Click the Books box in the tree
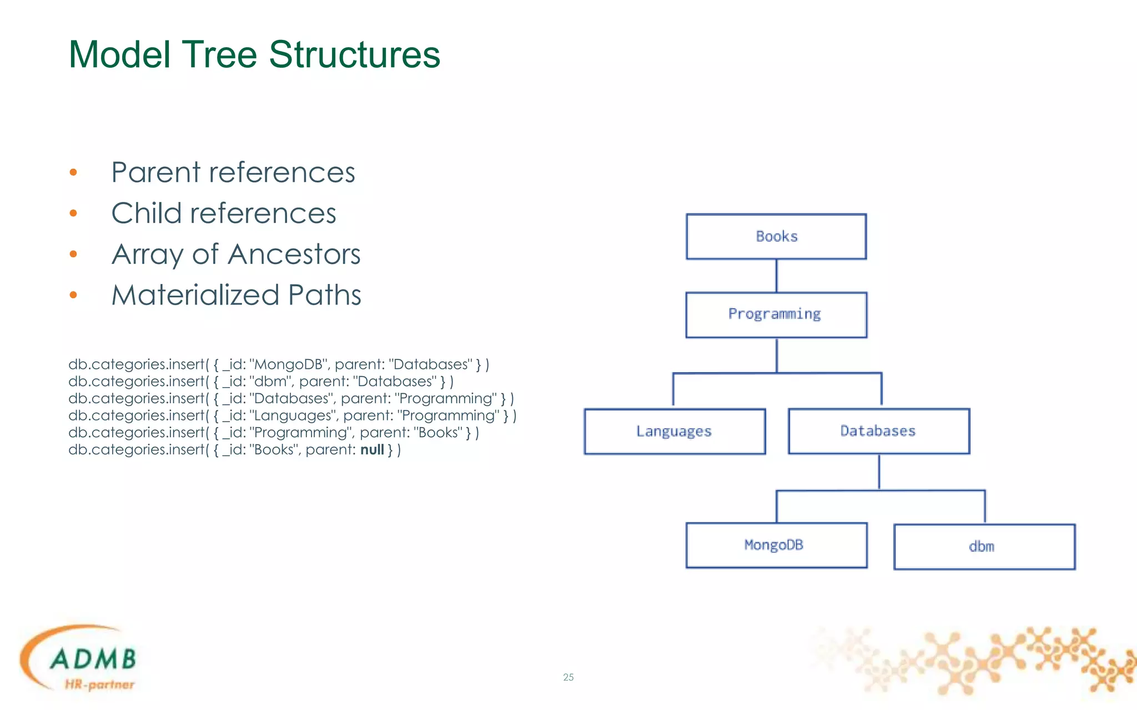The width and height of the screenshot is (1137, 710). (x=776, y=237)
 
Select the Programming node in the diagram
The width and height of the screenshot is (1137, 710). (x=776, y=315)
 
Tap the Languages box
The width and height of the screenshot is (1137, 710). (x=675, y=432)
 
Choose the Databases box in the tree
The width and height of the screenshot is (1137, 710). (x=879, y=432)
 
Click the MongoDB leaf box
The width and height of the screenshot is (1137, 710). (x=776, y=545)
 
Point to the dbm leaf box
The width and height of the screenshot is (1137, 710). (x=984, y=547)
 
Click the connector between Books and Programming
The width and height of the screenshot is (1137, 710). (x=776, y=276)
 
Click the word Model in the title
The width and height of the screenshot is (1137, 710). (x=119, y=55)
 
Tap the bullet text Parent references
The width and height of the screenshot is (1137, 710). (x=233, y=173)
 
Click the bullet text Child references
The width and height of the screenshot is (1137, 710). (x=223, y=214)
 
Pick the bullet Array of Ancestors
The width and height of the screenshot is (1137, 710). (x=235, y=255)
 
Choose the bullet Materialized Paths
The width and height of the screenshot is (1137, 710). (x=236, y=295)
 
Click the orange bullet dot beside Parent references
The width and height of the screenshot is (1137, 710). (x=73, y=173)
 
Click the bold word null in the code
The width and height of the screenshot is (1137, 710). (x=372, y=450)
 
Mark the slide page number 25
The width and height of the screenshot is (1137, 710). (x=568, y=677)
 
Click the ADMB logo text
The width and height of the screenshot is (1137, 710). (x=93, y=659)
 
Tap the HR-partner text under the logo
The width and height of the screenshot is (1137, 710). (x=99, y=684)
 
